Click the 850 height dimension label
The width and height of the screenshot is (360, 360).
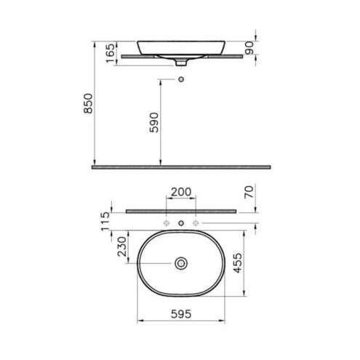click(x=88, y=103)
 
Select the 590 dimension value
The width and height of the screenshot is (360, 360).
click(x=154, y=122)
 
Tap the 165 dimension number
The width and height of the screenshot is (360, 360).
click(x=110, y=53)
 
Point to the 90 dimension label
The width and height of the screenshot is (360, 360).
click(x=249, y=48)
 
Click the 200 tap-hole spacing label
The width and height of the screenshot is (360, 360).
click(x=181, y=192)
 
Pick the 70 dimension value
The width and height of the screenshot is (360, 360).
click(x=249, y=192)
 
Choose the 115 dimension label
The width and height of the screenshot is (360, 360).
click(x=105, y=222)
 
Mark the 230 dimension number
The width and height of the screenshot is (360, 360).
click(x=122, y=247)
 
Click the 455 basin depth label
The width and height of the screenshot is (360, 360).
click(x=238, y=263)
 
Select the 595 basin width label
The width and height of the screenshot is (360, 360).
click(x=181, y=314)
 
